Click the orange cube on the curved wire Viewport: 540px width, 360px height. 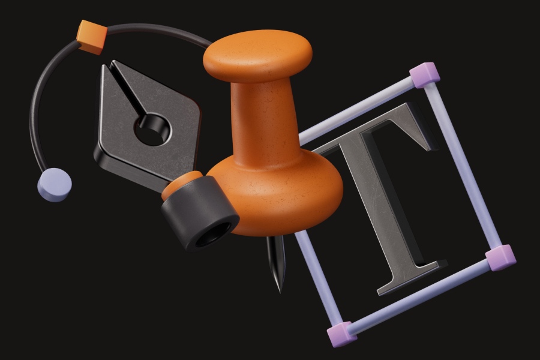(x=92, y=37)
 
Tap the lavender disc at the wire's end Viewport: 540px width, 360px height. (x=55, y=185)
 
